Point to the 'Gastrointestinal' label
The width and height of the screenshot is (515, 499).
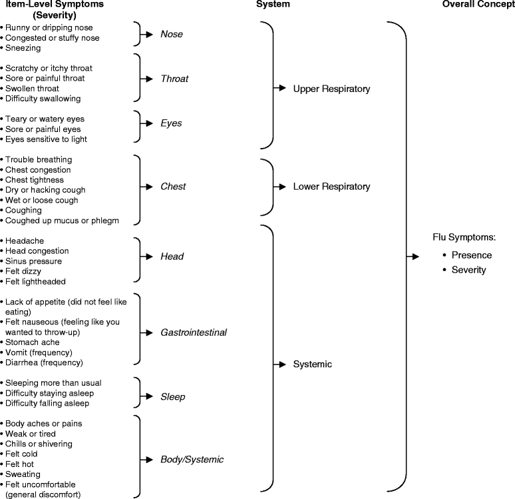(x=194, y=332)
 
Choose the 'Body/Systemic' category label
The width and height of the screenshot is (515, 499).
(x=192, y=460)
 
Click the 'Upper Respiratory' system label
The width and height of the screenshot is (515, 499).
(x=331, y=89)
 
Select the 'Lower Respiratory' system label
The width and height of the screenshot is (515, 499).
(x=331, y=187)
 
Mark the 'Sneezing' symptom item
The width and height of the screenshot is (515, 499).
(x=24, y=48)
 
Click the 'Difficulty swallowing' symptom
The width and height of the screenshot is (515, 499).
(x=42, y=99)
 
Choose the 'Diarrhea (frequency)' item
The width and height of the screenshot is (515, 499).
(x=43, y=362)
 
